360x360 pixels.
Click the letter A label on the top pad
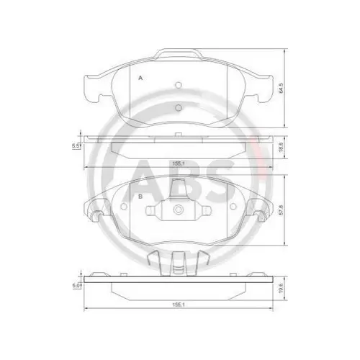click(140, 78)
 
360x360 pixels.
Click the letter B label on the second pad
click(138, 195)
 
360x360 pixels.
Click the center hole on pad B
click(177, 212)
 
